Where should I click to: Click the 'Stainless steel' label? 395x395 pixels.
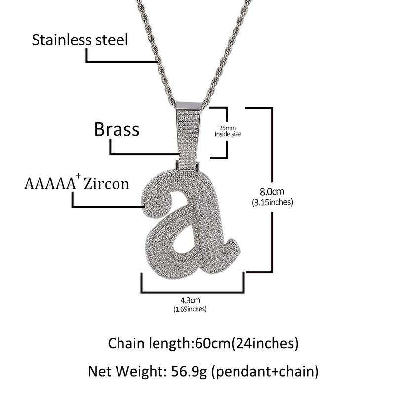coord(79,39)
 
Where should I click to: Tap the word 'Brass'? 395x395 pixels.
coord(117,130)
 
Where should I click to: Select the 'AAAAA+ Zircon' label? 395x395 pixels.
coord(76,184)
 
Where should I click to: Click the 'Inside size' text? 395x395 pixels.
coord(228,134)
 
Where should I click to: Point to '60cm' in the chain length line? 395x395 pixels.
coord(207,342)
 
